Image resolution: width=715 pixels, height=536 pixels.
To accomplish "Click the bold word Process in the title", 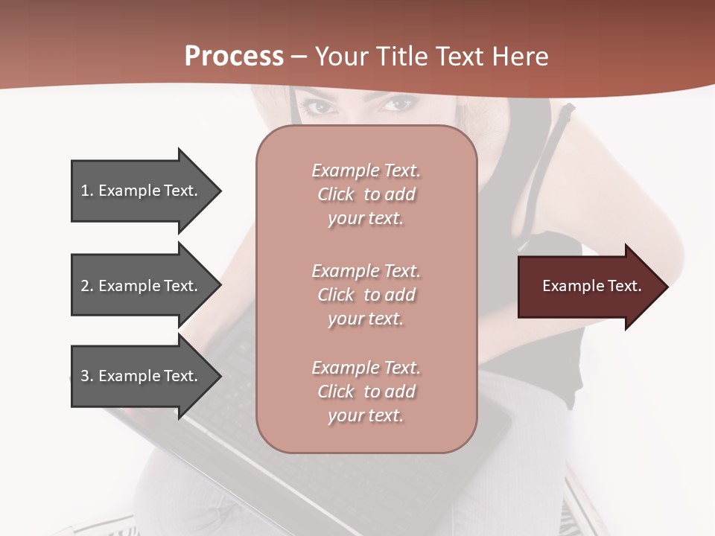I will click(x=234, y=57).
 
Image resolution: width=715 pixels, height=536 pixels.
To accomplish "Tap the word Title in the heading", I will click(x=402, y=57).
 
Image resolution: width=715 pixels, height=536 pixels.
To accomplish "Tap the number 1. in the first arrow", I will click(x=87, y=191).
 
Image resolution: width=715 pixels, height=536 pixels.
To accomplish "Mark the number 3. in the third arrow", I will click(x=87, y=377).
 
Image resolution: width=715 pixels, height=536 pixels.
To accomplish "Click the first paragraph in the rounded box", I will click(x=366, y=194).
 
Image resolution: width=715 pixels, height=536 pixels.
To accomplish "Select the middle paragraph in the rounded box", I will click(x=366, y=295).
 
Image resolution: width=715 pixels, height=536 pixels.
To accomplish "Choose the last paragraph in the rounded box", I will click(x=366, y=392).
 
